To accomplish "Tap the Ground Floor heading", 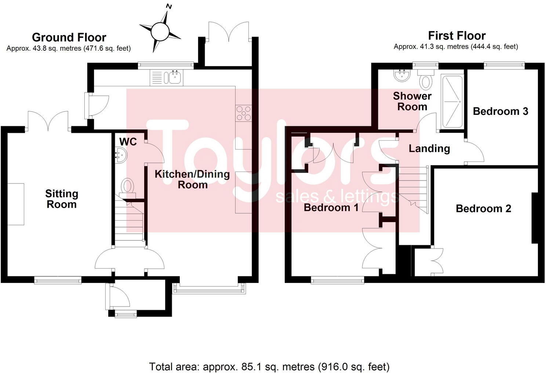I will (x=69, y=37).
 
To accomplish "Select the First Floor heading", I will (x=456, y=36).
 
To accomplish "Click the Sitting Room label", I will (x=62, y=199).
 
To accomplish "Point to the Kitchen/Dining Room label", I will (x=192, y=179).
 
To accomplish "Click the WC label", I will (x=128, y=142).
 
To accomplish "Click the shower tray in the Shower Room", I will (x=453, y=102).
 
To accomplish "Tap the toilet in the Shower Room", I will (x=426, y=80).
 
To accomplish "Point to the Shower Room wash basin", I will (x=402, y=76).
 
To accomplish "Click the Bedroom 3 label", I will (x=500, y=111).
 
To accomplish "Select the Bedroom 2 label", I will (x=483, y=208).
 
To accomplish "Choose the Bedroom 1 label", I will (x=331, y=208).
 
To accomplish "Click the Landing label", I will (x=429, y=148).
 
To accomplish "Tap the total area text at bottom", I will (x=269, y=366).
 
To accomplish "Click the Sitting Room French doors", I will (x=48, y=121).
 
